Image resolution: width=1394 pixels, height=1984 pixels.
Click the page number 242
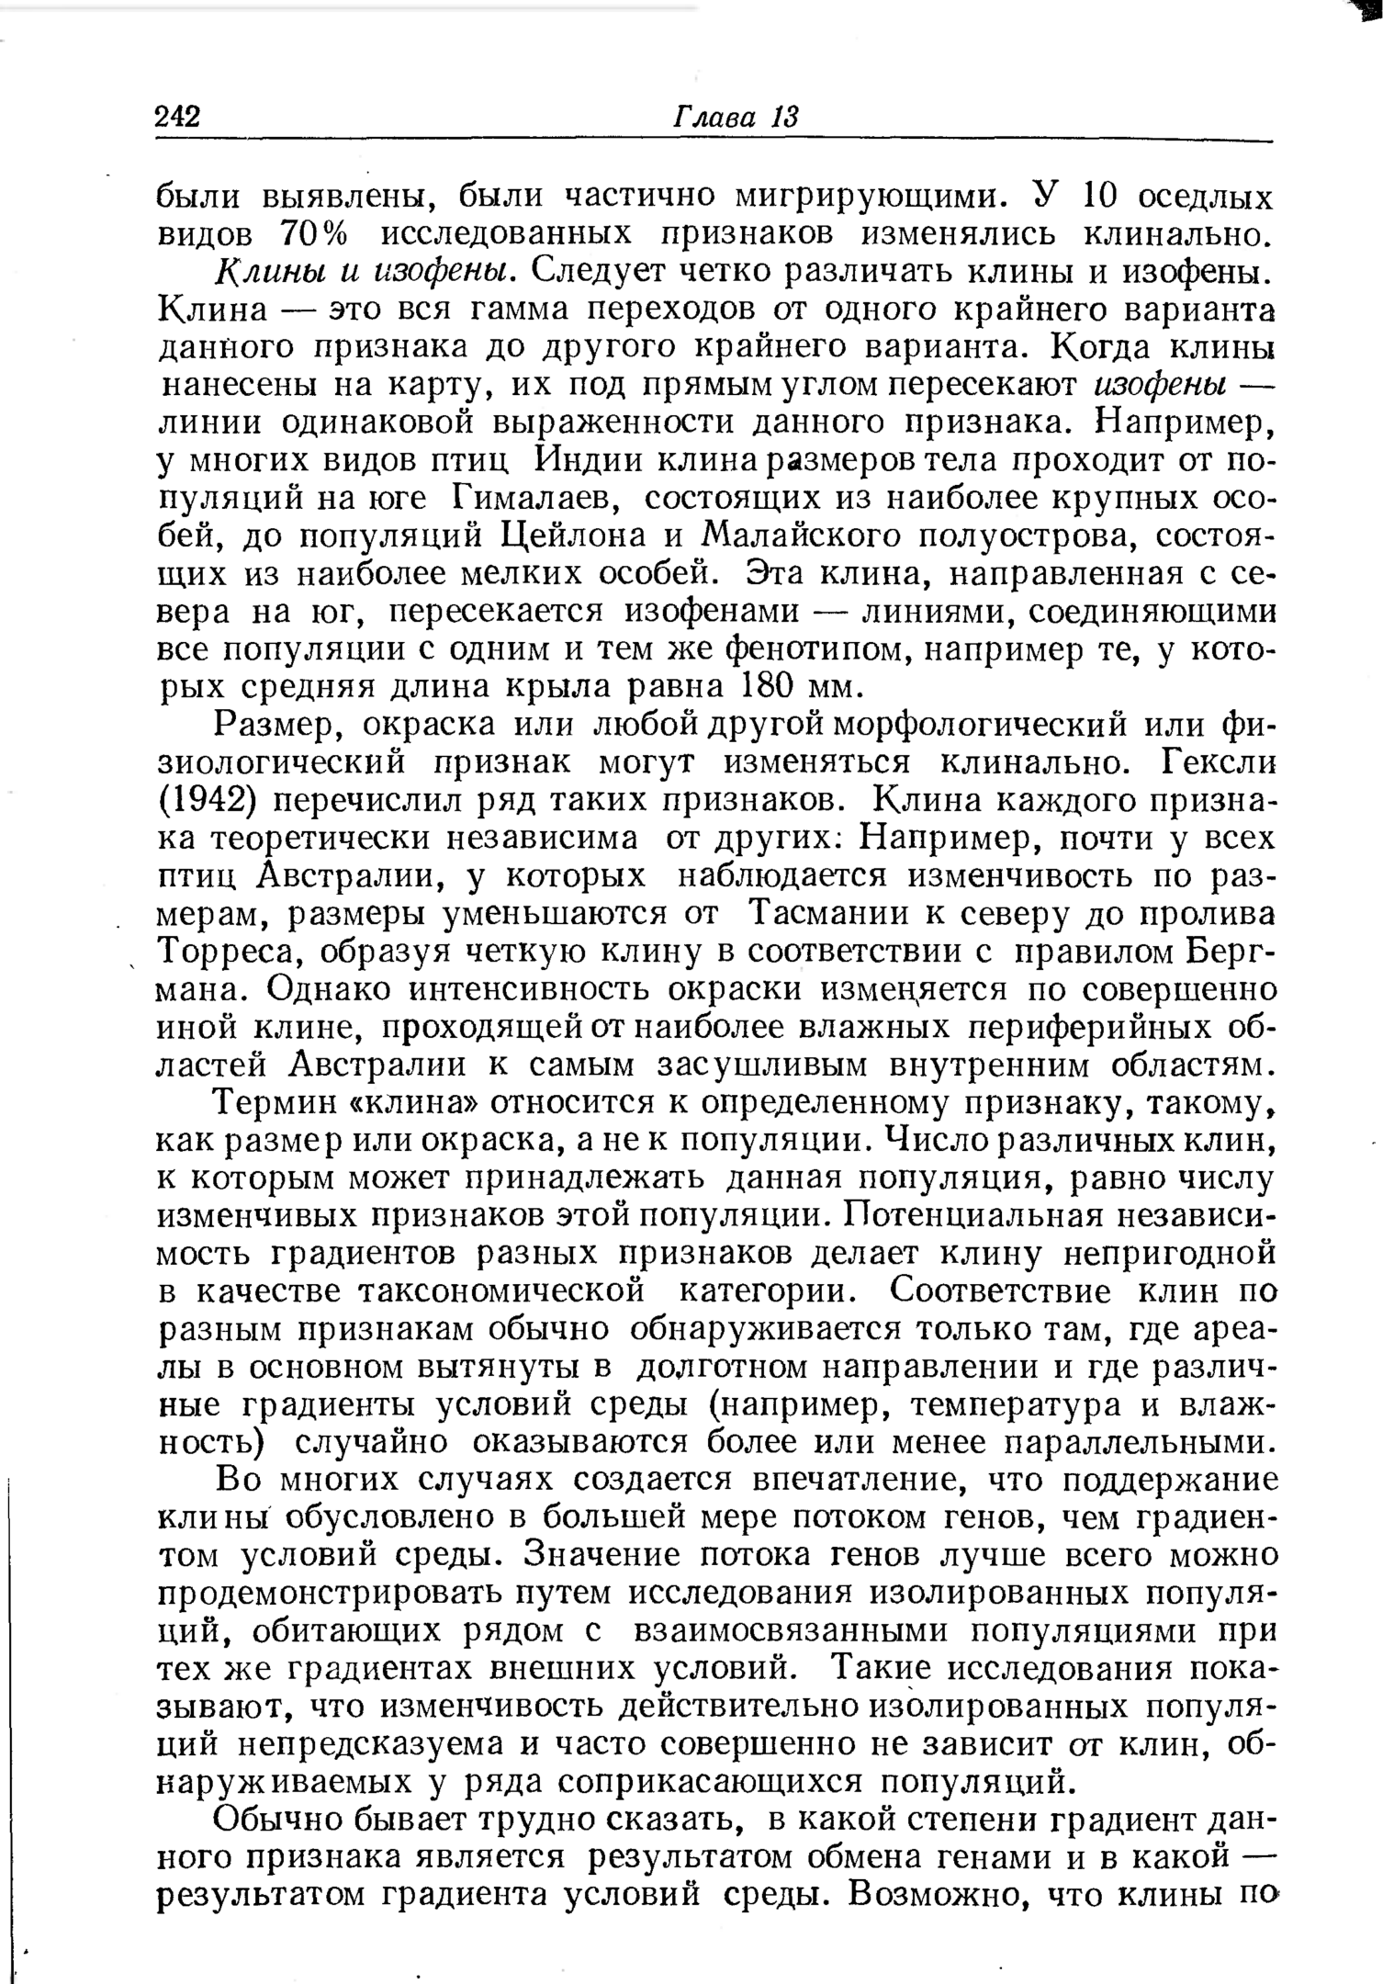pos(178,117)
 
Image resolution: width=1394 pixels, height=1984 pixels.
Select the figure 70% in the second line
pos(314,234)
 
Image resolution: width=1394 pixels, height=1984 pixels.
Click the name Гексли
pos(1219,762)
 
